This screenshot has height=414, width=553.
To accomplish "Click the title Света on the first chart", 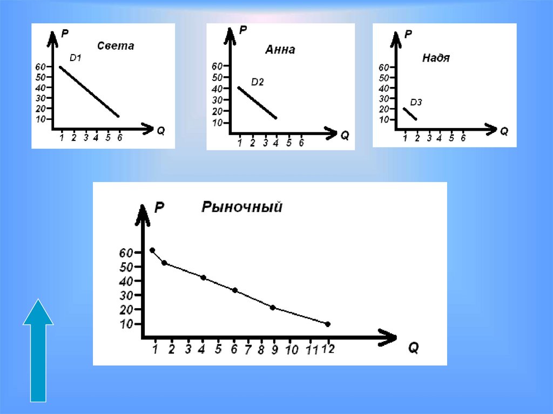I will pyautogui.click(x=116, y=46).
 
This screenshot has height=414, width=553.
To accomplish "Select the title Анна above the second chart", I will pyautogui.click(x=280, y=50).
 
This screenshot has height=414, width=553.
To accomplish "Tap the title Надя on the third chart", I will pyautogui.click(x=435, y=58).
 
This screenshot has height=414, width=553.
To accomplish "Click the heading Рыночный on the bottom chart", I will pyautogui.click(x=242, y=207).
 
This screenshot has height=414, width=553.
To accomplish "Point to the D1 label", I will pyautogui.click(x=75, y=57).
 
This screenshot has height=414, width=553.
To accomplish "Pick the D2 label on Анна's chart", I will pyautogui.click(x=258, y=82).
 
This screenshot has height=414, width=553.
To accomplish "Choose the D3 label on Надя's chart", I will pyautogui.click(x=416, y=102).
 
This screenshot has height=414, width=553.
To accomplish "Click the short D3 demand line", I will pyautogui.click(x=410, y=114).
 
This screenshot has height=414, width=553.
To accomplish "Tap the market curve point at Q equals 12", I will pyautogui.click(x=328, y=324).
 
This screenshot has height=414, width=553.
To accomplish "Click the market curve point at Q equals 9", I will pyautogui.click(x=273, y=308).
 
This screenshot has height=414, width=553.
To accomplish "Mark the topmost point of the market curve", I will pyautogui.click(x=152, y=250).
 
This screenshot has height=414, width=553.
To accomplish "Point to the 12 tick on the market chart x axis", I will pyautogui.click(x=328, y=349).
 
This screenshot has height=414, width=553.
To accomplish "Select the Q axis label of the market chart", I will pyautogui.click(x=413, y=348).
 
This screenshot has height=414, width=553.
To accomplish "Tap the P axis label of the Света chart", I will pyautogui.click(x=65, y=33).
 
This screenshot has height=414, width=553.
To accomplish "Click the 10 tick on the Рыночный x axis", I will pyautogui.click(x=292, y=350).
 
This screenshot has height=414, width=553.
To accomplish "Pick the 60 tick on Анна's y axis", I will pyautogui.click(x=217, y=66).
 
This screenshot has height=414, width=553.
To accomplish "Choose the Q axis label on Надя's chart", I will pyautogui.click(x=504, y=131).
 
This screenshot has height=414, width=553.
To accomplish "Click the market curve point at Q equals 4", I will pyautogui.click(x=203, y=277).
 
